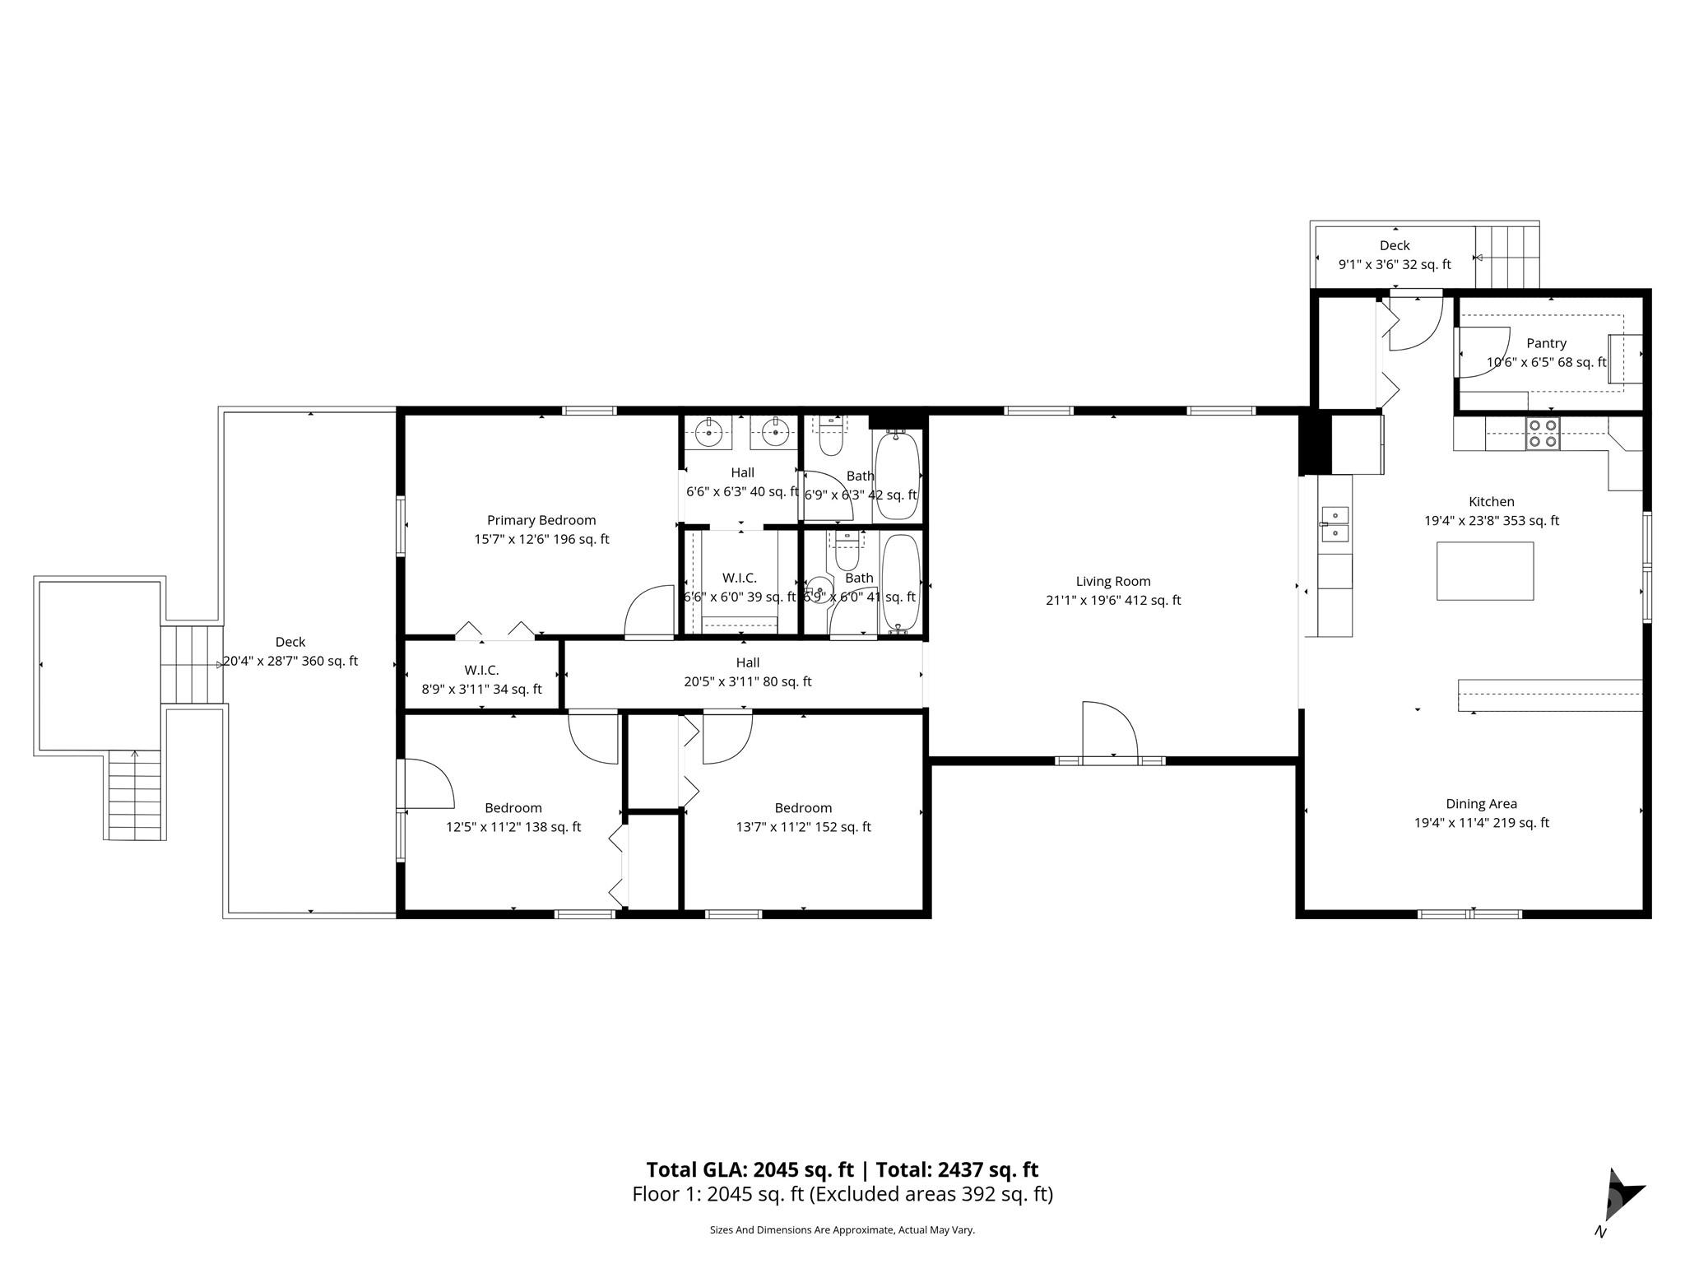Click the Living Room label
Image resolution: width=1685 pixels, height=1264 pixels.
point(1113,582)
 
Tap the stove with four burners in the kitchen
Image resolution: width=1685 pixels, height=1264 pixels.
point(1543,434)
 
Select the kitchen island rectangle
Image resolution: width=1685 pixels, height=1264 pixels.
point(1485,571)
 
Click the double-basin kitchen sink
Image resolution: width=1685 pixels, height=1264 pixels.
point(1335,524)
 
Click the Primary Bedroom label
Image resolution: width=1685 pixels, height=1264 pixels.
point(541,520)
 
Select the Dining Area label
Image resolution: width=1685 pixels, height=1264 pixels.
point(1482,804)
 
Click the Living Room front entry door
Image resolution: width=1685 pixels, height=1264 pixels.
point(1110,731)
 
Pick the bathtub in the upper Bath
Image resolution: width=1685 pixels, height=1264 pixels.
point(897,475)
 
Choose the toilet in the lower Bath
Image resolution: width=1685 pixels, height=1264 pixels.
point(847,552)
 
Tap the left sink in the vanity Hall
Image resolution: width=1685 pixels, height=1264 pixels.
point(708,432)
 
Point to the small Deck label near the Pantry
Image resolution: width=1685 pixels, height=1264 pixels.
point(1395,245)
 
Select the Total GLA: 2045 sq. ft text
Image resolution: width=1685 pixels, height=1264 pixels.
point(750,1169)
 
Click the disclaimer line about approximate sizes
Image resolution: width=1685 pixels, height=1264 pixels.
point(842,1229)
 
